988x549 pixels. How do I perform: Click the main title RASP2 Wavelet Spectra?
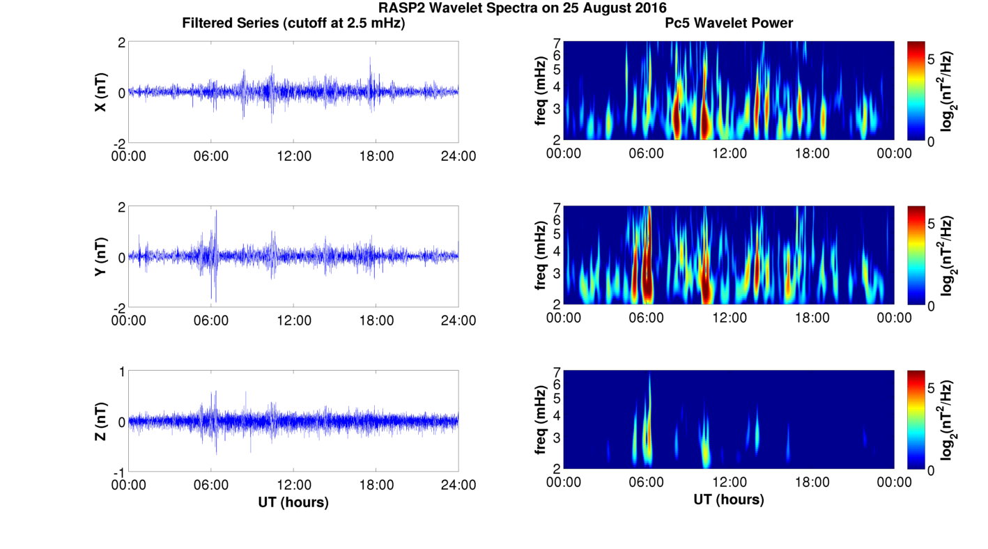[x=523, y=8]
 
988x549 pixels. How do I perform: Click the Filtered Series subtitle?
[x=293, y=23]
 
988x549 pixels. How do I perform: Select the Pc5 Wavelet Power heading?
[x=729, y=23]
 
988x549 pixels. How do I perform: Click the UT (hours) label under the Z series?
[x=293, y=502]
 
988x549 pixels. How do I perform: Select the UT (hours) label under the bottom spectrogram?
[x=729, y=500]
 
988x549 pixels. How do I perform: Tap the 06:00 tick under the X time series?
[x=211, y=156]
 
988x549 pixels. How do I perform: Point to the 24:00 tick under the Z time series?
[x=458, y=485]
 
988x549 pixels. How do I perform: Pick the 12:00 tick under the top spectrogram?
[x=729, y=153]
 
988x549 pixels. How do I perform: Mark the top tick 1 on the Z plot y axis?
[x=122, y=372]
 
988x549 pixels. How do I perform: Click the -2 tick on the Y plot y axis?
[x=120, y=308]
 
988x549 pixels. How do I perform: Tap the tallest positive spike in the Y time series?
[x=216, y=211]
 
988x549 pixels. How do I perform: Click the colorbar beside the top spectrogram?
[x=916, y=91]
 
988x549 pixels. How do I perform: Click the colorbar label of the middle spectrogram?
[x=947, y=256]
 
